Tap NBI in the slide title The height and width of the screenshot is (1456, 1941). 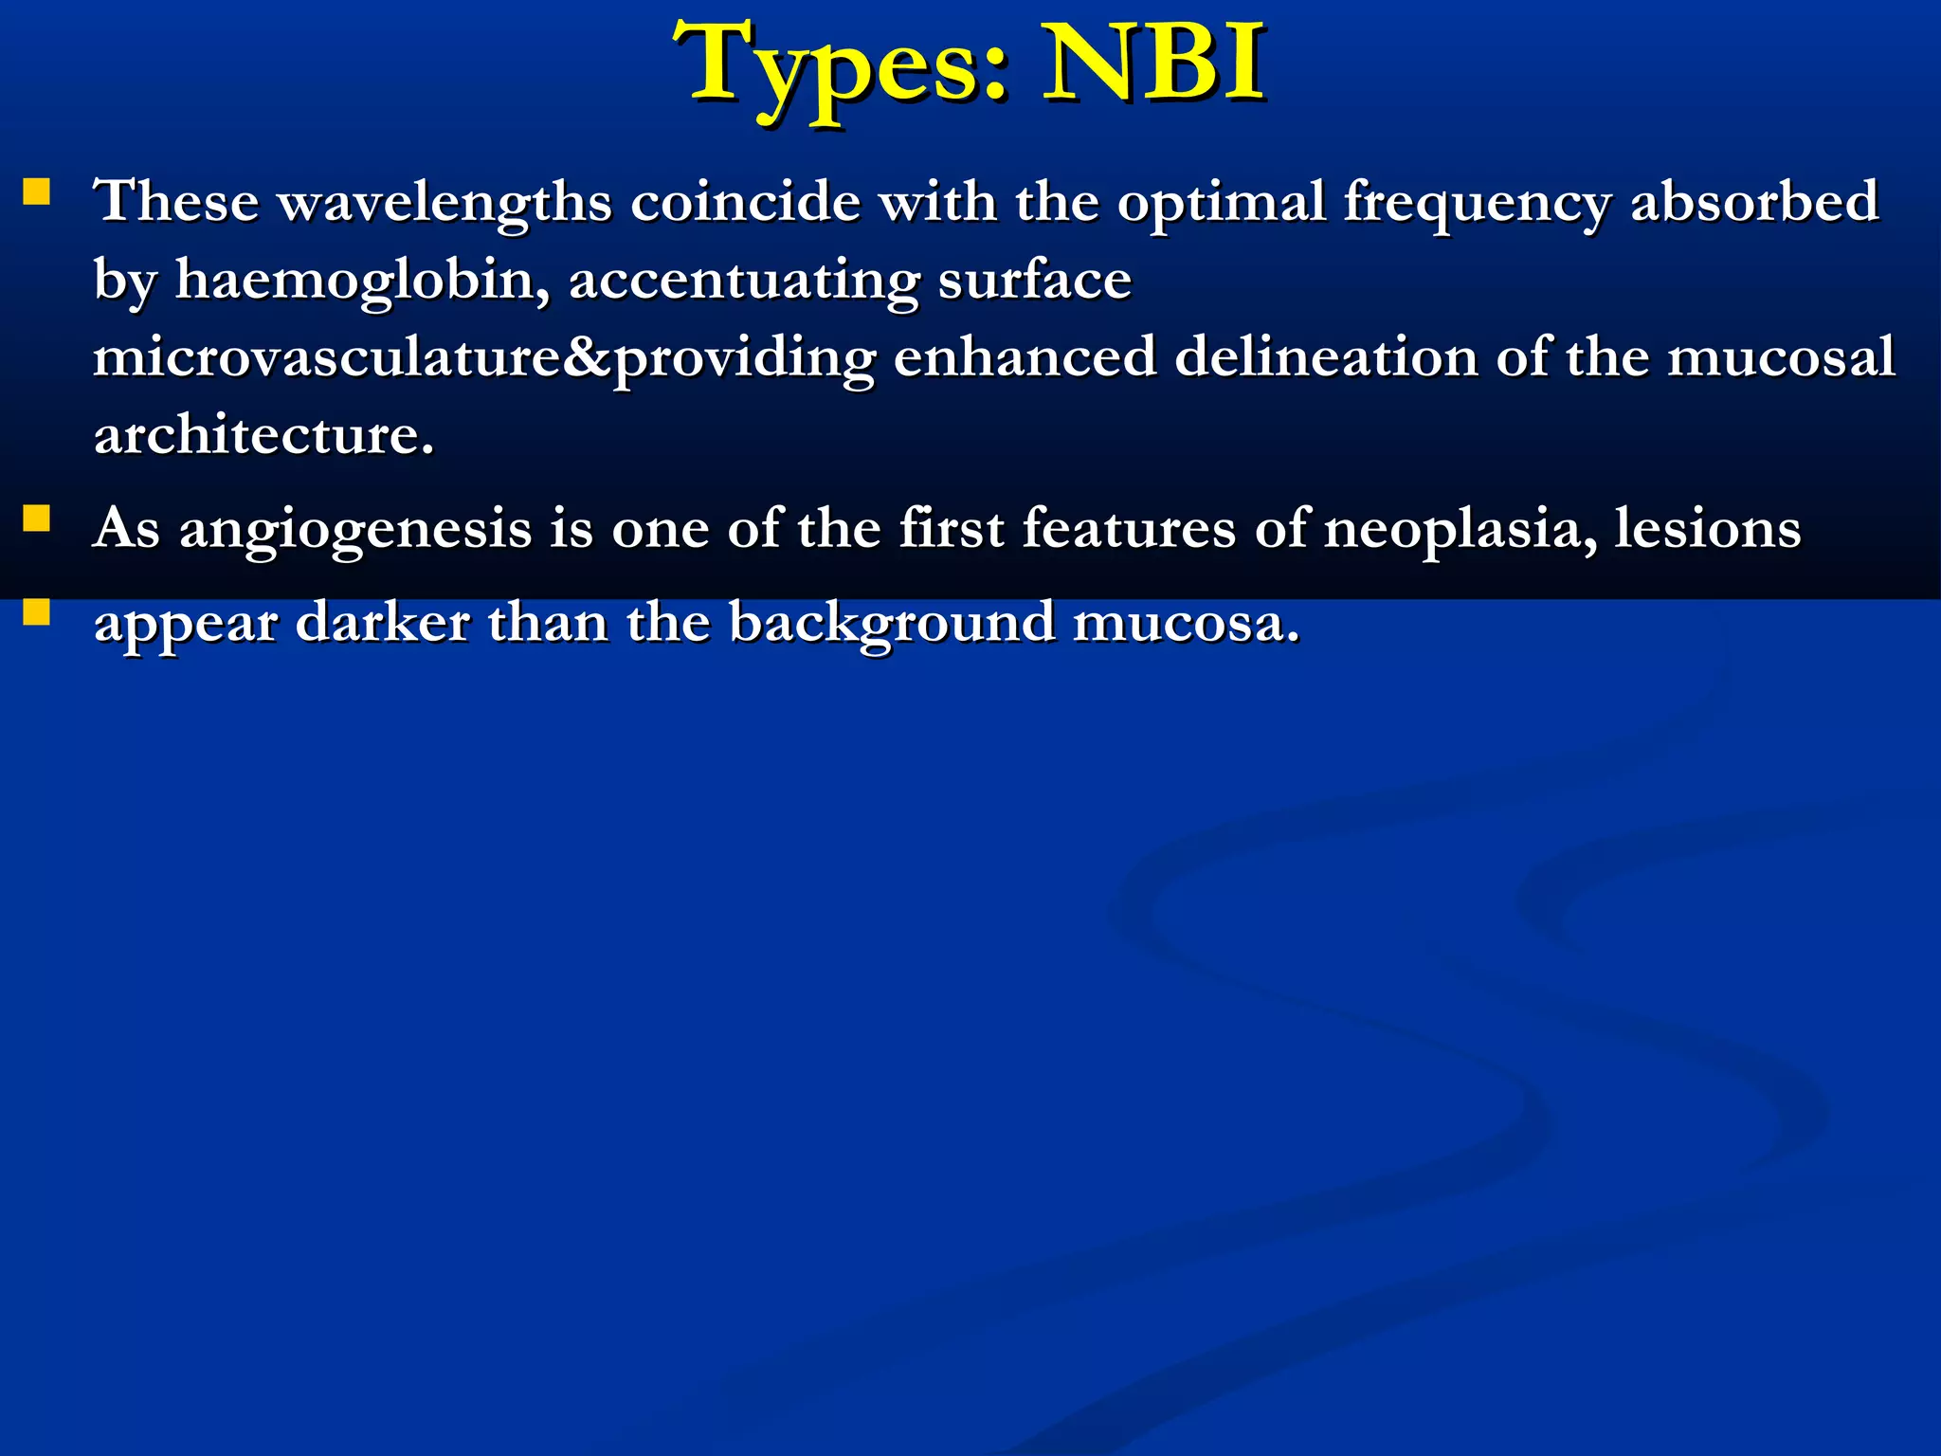tap(1152, 64)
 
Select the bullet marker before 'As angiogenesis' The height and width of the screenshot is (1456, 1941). tap(36, 519)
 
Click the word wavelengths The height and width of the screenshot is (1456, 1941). tap(444, 203)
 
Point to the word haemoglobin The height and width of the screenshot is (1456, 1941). tap(362, 281)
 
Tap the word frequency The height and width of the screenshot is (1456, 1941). tap(1477, 203)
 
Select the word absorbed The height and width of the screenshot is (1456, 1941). tap(1753, 201)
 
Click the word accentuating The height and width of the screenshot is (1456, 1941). tap(744, 281)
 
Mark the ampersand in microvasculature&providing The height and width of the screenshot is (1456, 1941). tap(588, 358)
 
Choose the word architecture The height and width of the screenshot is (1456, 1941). tap(263, 436)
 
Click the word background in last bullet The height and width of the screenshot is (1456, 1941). tap(891, 624)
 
